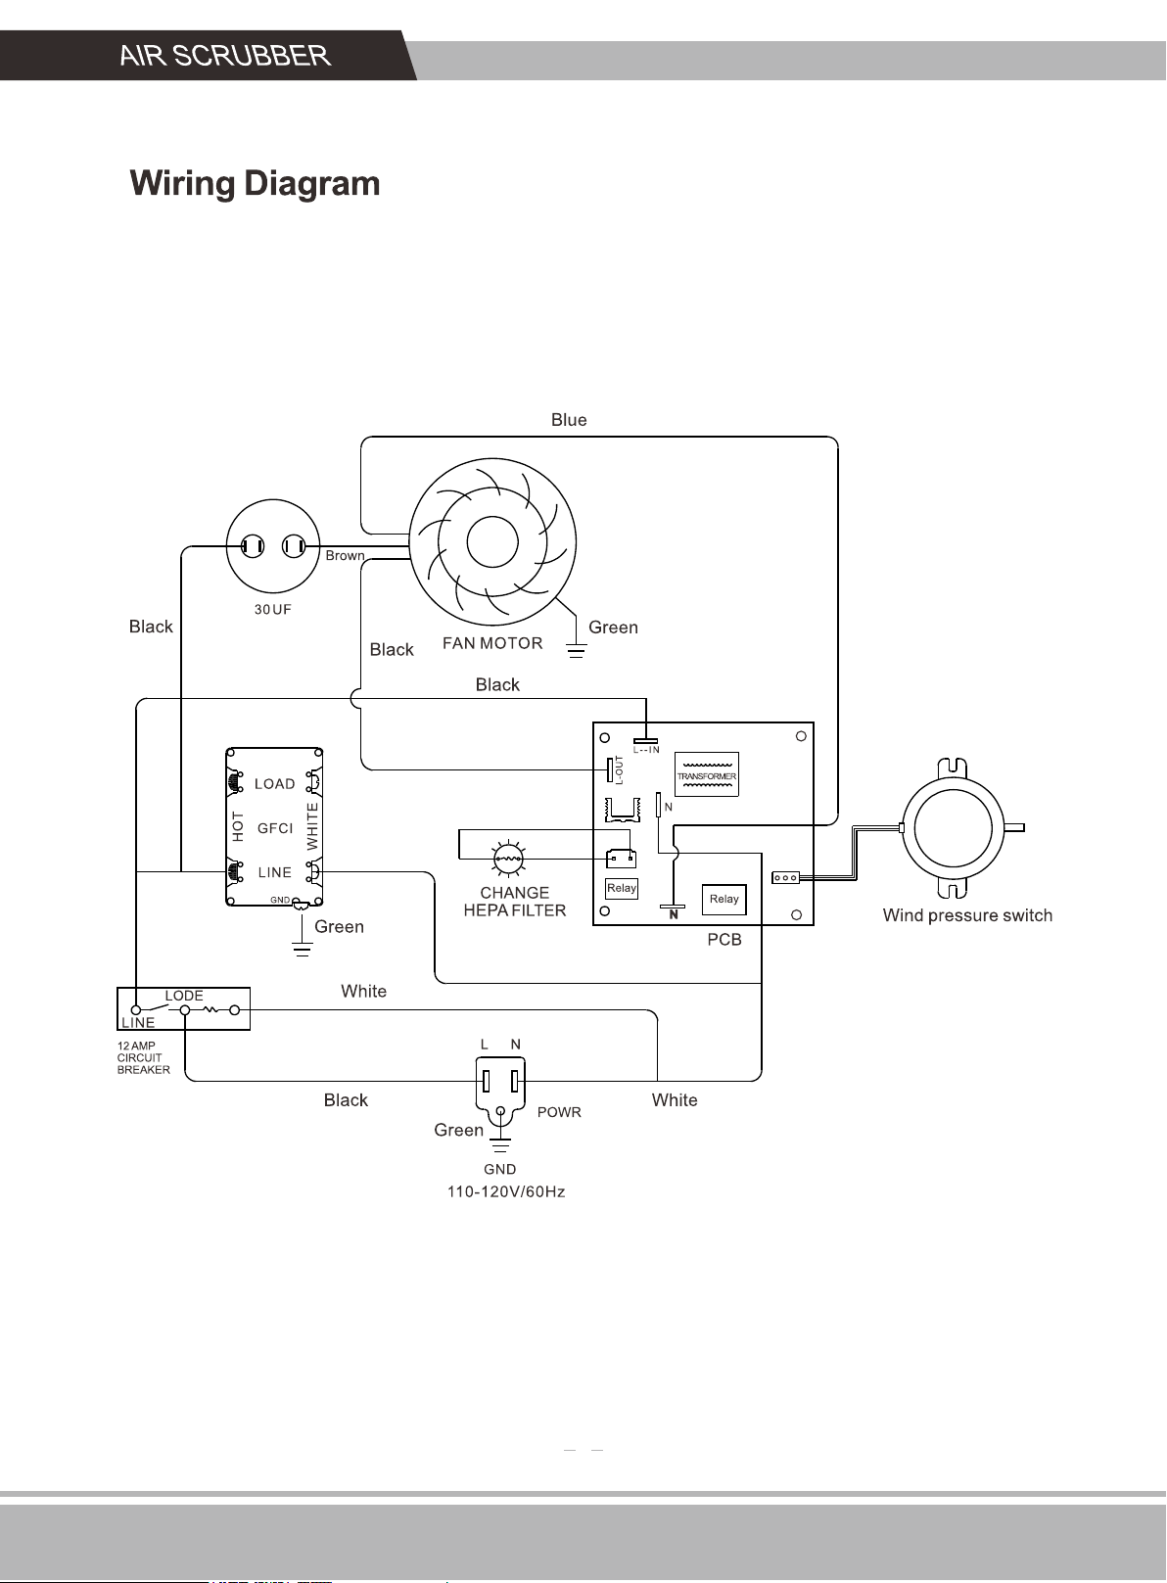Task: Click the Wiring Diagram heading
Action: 256,184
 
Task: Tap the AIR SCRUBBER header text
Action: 225,56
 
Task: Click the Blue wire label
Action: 569,420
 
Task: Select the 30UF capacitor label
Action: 273,609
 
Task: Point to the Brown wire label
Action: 345,555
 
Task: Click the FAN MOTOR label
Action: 492,643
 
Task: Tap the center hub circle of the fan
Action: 492,542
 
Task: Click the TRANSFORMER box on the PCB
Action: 707,774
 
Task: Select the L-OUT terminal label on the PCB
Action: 619,770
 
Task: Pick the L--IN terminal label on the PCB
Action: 646,750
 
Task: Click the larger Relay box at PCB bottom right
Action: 724,900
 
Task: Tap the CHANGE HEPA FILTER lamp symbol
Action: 508,860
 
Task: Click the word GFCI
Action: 275,828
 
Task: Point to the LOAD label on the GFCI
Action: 275,784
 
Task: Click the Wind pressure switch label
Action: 967,915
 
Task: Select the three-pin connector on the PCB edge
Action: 785,878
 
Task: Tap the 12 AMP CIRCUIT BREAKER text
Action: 144,1058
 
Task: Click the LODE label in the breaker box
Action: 184,996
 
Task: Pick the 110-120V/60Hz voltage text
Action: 506,1192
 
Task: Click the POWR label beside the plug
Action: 559,1112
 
